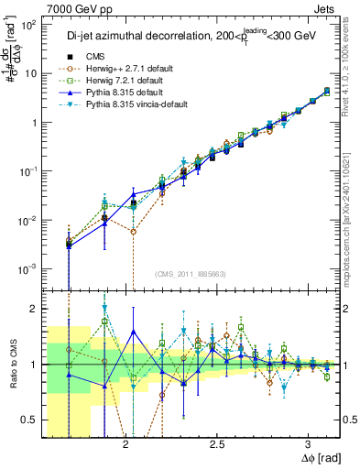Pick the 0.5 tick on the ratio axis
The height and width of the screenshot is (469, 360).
click(x=30, y=420)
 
